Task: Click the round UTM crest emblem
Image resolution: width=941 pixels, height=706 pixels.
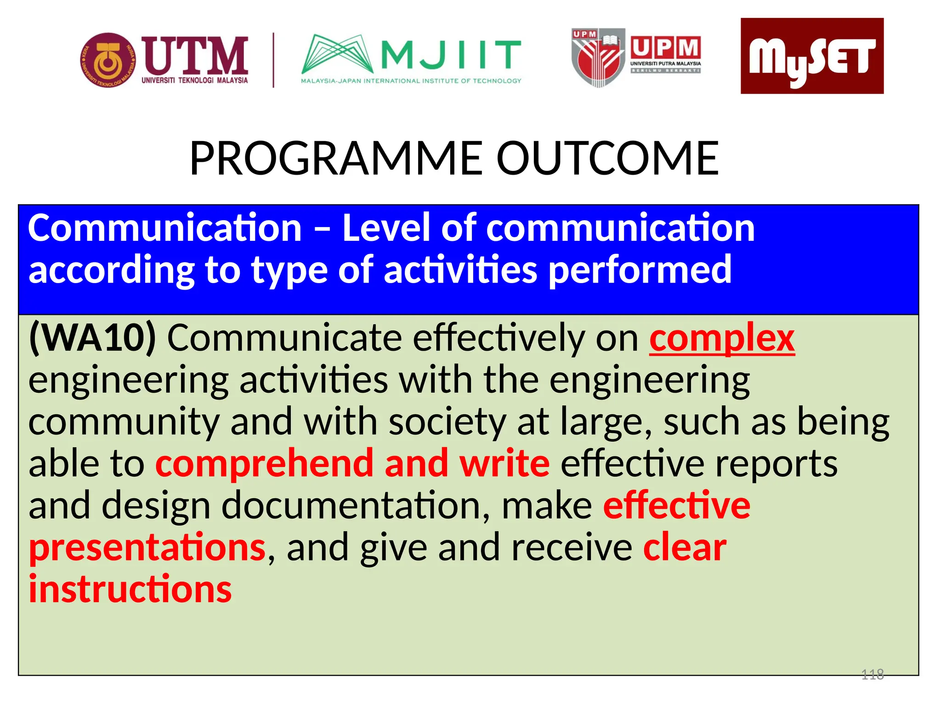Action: pyautogui.click(x=108, y=60)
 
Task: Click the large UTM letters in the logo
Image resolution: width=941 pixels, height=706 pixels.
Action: pyautogui.click(x=195, y=56)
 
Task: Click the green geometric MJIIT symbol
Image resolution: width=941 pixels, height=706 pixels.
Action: pyautogui.click(x=338, y=54)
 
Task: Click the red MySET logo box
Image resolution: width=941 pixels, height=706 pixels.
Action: pyautogui.click(x=811, y=56)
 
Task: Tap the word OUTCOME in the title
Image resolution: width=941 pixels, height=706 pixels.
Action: pyautogui.click(x=607, y=159)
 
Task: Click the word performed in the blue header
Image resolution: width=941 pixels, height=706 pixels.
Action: pyautogui.click(x=640, y=270)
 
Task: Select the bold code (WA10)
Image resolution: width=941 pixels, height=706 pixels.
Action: pyautogui.click(x=92, y=338)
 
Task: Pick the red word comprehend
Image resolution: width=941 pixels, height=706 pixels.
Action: pyautogui.click(x=264, y=464)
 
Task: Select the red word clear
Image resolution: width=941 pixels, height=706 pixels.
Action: pyautogui.click(x=685, y=547)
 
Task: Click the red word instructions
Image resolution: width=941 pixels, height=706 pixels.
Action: pyautogui.click(x=130, y=590)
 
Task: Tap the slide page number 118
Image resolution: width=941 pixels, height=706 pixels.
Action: pyautogui.click(x=872, y=674)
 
